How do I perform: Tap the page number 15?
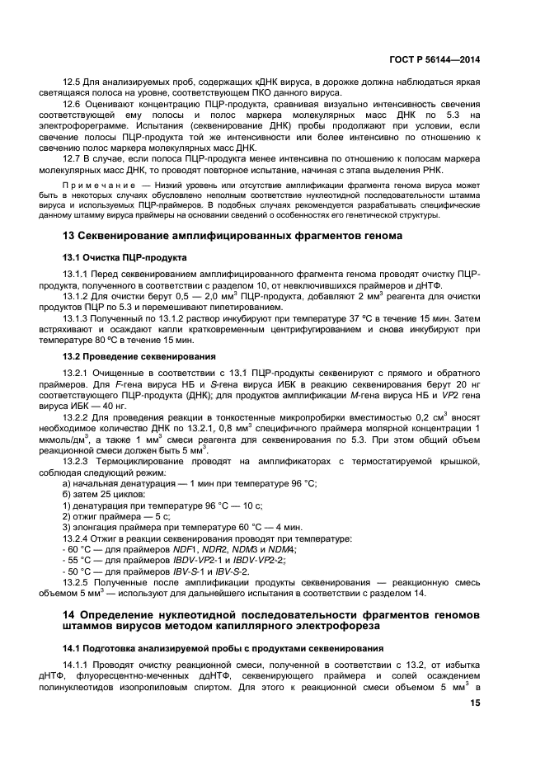[475, 703]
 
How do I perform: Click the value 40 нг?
[113, 406]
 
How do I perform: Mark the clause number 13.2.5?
[78, 581]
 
